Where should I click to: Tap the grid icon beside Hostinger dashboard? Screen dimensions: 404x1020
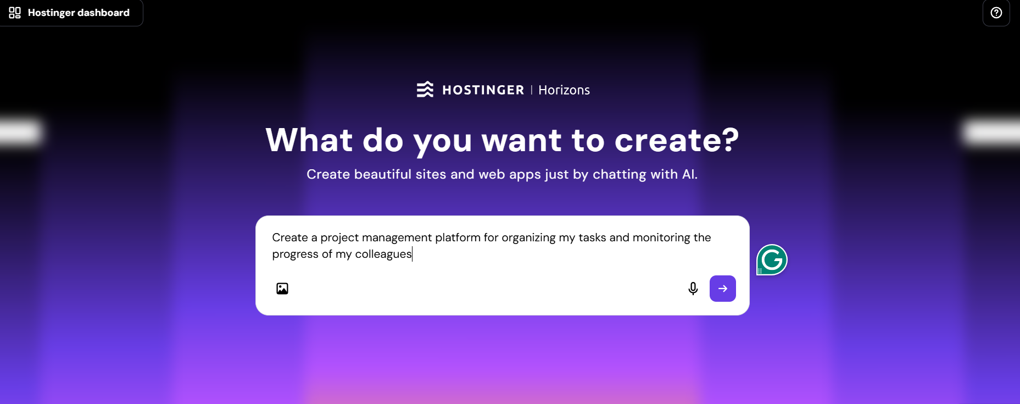point(15,13)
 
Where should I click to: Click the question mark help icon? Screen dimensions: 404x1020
point(996,13)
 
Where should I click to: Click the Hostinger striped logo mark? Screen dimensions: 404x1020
point(425,90)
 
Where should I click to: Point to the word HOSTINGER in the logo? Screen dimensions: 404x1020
point(483,90)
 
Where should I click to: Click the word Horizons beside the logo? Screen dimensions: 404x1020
point(564,90)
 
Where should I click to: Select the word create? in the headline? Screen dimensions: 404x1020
point(677,140)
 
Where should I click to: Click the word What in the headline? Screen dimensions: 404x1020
point(309,140)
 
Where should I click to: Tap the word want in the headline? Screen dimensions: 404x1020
point(521,140)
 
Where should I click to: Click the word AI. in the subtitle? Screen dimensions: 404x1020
point(689,174)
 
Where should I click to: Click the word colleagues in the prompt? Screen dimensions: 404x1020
point(383,254)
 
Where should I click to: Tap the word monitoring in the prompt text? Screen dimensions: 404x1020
point(661,237)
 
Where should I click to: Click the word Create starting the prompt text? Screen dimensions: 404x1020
point(290,237)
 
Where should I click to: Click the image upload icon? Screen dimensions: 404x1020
point(282,289)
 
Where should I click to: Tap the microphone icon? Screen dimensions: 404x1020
point(693,289)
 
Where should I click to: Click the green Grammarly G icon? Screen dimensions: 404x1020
point(772,259)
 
